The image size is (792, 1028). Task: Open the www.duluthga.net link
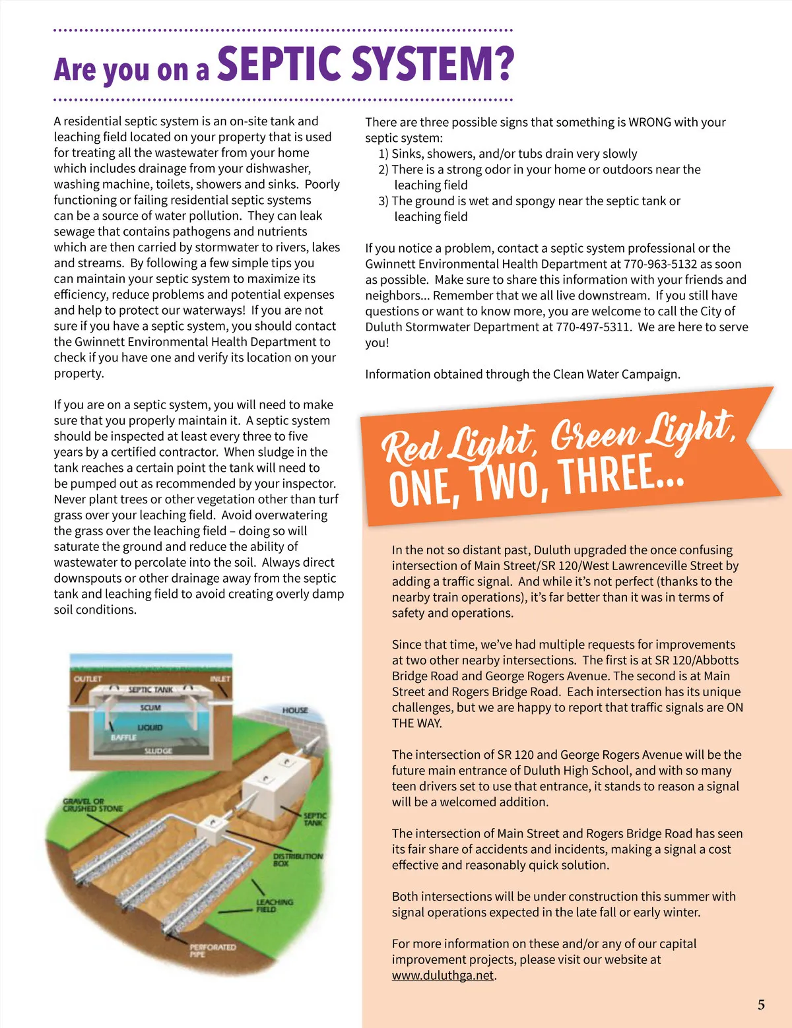click(442, 975)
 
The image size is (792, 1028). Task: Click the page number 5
click(761, 1005)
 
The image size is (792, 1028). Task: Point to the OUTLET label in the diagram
click(88, 679)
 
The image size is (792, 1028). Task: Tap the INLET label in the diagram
click(220, 679)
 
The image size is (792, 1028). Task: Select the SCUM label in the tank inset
click(150, 708)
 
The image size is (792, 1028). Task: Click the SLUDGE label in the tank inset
click(158, 751)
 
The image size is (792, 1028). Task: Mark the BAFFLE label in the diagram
click(123, 737)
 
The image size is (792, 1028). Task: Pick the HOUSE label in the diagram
click(295, 711)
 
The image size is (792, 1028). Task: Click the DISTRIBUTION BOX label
click(298, 860)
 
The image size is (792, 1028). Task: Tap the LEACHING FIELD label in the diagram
click(275, 905)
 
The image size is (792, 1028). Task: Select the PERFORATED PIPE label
click(213, 950)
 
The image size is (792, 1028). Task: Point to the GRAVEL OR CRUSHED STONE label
click(92, 805)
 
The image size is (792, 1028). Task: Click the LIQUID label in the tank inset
click(150, 727)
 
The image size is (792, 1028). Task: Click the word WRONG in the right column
click(649, 122)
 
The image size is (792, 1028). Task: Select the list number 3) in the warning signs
click(383, 201)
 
